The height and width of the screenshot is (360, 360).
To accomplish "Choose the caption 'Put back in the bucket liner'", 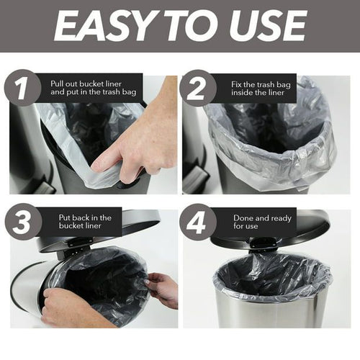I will coord(85,222).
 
